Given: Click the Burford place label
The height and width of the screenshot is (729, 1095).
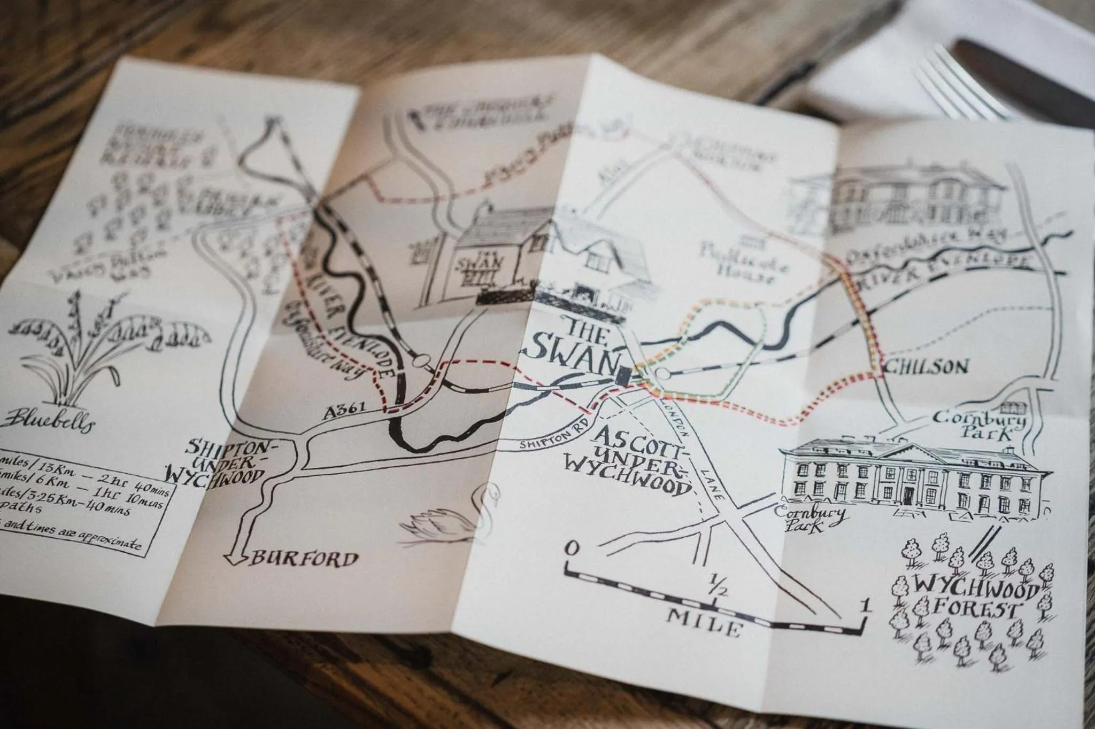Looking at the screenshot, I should click(304, 559).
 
